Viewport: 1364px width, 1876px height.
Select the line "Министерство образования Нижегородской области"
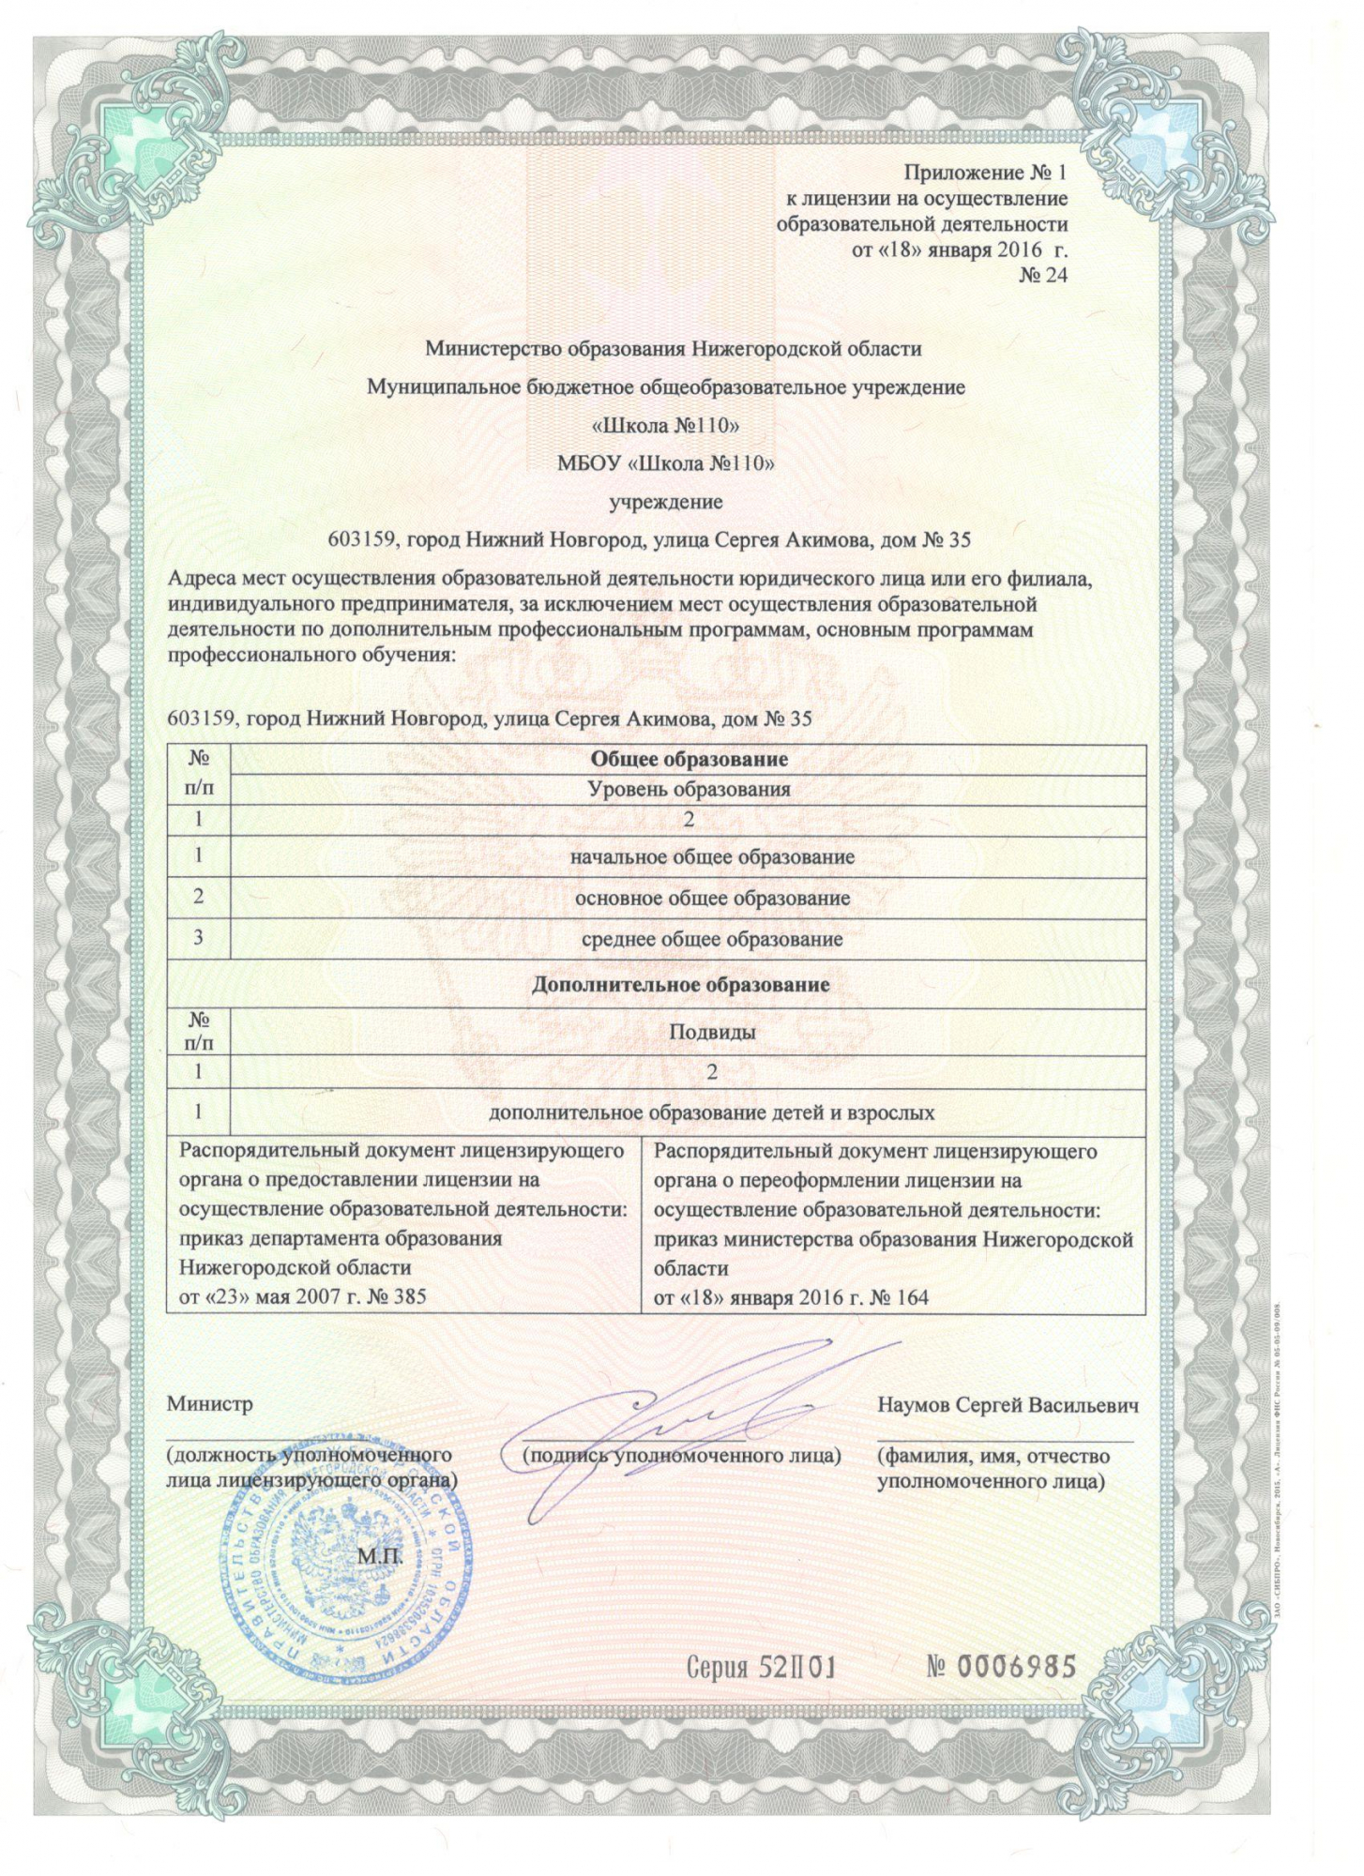(x=673, y=349)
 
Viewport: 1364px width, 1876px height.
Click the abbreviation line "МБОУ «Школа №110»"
(x=665, y=462)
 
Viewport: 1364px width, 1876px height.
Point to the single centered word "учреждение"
(x=666, y=502)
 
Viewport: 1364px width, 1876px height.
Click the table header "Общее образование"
(x=688, y=759)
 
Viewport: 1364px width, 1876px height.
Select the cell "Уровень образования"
(x=688, y=789)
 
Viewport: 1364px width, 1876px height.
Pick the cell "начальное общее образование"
(x=712, y=856)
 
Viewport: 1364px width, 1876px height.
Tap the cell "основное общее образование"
(x=712, y=899)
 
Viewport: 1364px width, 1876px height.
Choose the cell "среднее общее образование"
(x=712, y=939)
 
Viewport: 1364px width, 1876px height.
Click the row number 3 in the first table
(x=199, y=939)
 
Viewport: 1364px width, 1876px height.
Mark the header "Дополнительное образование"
(x=680, y=985)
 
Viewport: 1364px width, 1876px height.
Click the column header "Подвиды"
(x=712, y=1032)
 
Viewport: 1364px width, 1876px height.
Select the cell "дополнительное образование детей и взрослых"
(x=712, y=1113)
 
